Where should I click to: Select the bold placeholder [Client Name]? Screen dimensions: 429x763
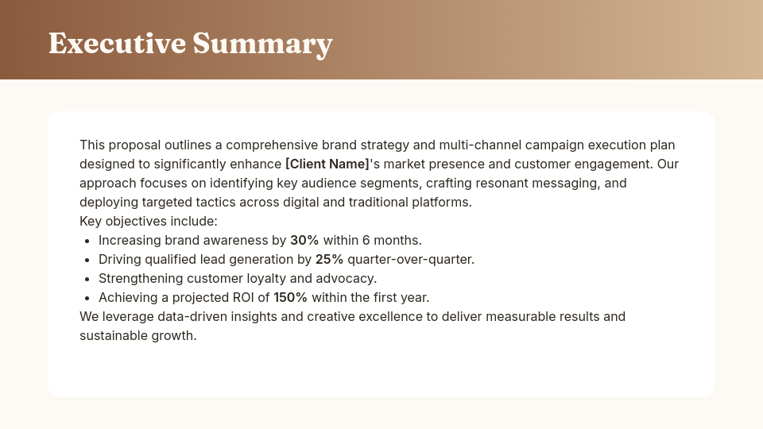coord(327,164)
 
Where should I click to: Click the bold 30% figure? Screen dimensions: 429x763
coord(304,240)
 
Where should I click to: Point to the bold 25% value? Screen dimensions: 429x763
coord(330,259)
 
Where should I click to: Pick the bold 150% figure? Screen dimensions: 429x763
coord(291,297)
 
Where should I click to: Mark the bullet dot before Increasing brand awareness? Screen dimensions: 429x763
coord(87,241)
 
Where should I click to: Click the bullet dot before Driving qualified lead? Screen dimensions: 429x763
coord(87,260)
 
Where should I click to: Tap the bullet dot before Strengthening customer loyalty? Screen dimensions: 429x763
coord(87,279)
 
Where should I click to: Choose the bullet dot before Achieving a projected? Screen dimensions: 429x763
coord(87,298)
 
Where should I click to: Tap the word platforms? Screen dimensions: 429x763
coord(443,202)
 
